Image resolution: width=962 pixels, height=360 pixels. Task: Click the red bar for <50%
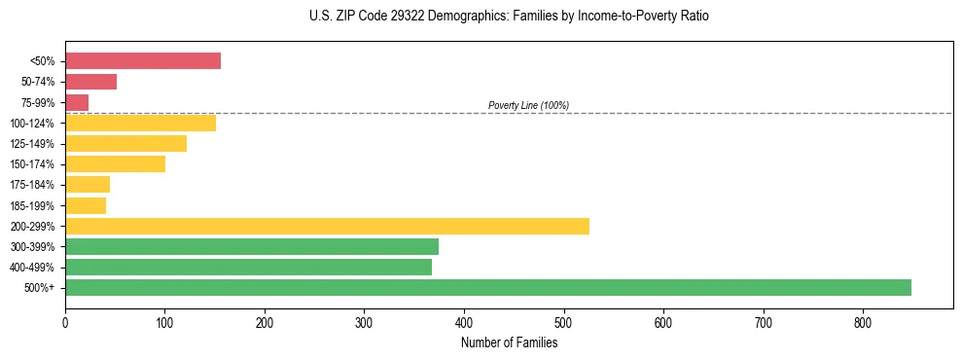[x=143, y=61]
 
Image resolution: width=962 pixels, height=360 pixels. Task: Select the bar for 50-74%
[x=90, y=82]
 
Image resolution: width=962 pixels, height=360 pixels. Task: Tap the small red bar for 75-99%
[x=77, y=102]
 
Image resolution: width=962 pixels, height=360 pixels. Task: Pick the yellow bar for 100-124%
[x=140, y=123]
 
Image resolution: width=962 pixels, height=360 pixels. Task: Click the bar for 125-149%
[x=125, y=144]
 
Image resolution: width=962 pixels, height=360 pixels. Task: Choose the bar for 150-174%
[x=115, y=164]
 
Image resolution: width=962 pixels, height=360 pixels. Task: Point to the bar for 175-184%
[x=88, y=185]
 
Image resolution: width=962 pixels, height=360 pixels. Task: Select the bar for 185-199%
[x=86, y=205]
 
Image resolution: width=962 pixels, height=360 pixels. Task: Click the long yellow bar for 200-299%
[x=327, y=226]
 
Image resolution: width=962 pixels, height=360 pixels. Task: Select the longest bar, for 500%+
[x=488, y=288]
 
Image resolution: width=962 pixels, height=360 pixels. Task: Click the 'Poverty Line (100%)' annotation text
[x=528, y=105]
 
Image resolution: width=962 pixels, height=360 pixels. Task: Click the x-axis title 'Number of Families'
[x=509, y=342]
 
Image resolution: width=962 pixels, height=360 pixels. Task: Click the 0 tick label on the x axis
[x=65, y=323]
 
